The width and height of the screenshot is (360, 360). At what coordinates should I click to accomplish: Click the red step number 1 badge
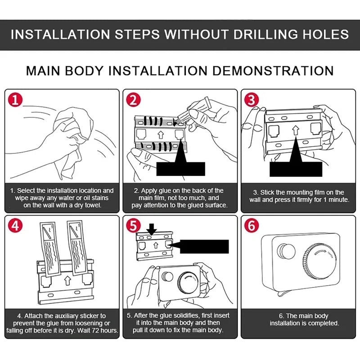15,100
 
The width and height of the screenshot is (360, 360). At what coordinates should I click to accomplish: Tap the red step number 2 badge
133,100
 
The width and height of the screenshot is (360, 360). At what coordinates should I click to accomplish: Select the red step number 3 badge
252,100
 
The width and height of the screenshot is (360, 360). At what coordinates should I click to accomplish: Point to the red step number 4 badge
15,225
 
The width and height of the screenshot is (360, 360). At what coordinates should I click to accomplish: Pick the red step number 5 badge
133,225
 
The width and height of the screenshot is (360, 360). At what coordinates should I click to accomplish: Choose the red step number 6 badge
252,225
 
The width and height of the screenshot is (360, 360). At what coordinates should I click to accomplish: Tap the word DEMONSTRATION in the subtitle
273,71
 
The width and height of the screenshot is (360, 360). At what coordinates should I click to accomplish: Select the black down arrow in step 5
152,229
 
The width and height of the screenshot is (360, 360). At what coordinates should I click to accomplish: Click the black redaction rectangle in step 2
181,169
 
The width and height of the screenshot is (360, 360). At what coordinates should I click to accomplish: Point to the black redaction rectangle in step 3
296,169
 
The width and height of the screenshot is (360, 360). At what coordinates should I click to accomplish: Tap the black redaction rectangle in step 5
204,247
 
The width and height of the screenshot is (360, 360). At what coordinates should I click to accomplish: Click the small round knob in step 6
286,252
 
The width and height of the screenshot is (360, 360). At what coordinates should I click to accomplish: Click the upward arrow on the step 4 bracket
67,280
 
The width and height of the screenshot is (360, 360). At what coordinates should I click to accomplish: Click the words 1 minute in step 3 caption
336,200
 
